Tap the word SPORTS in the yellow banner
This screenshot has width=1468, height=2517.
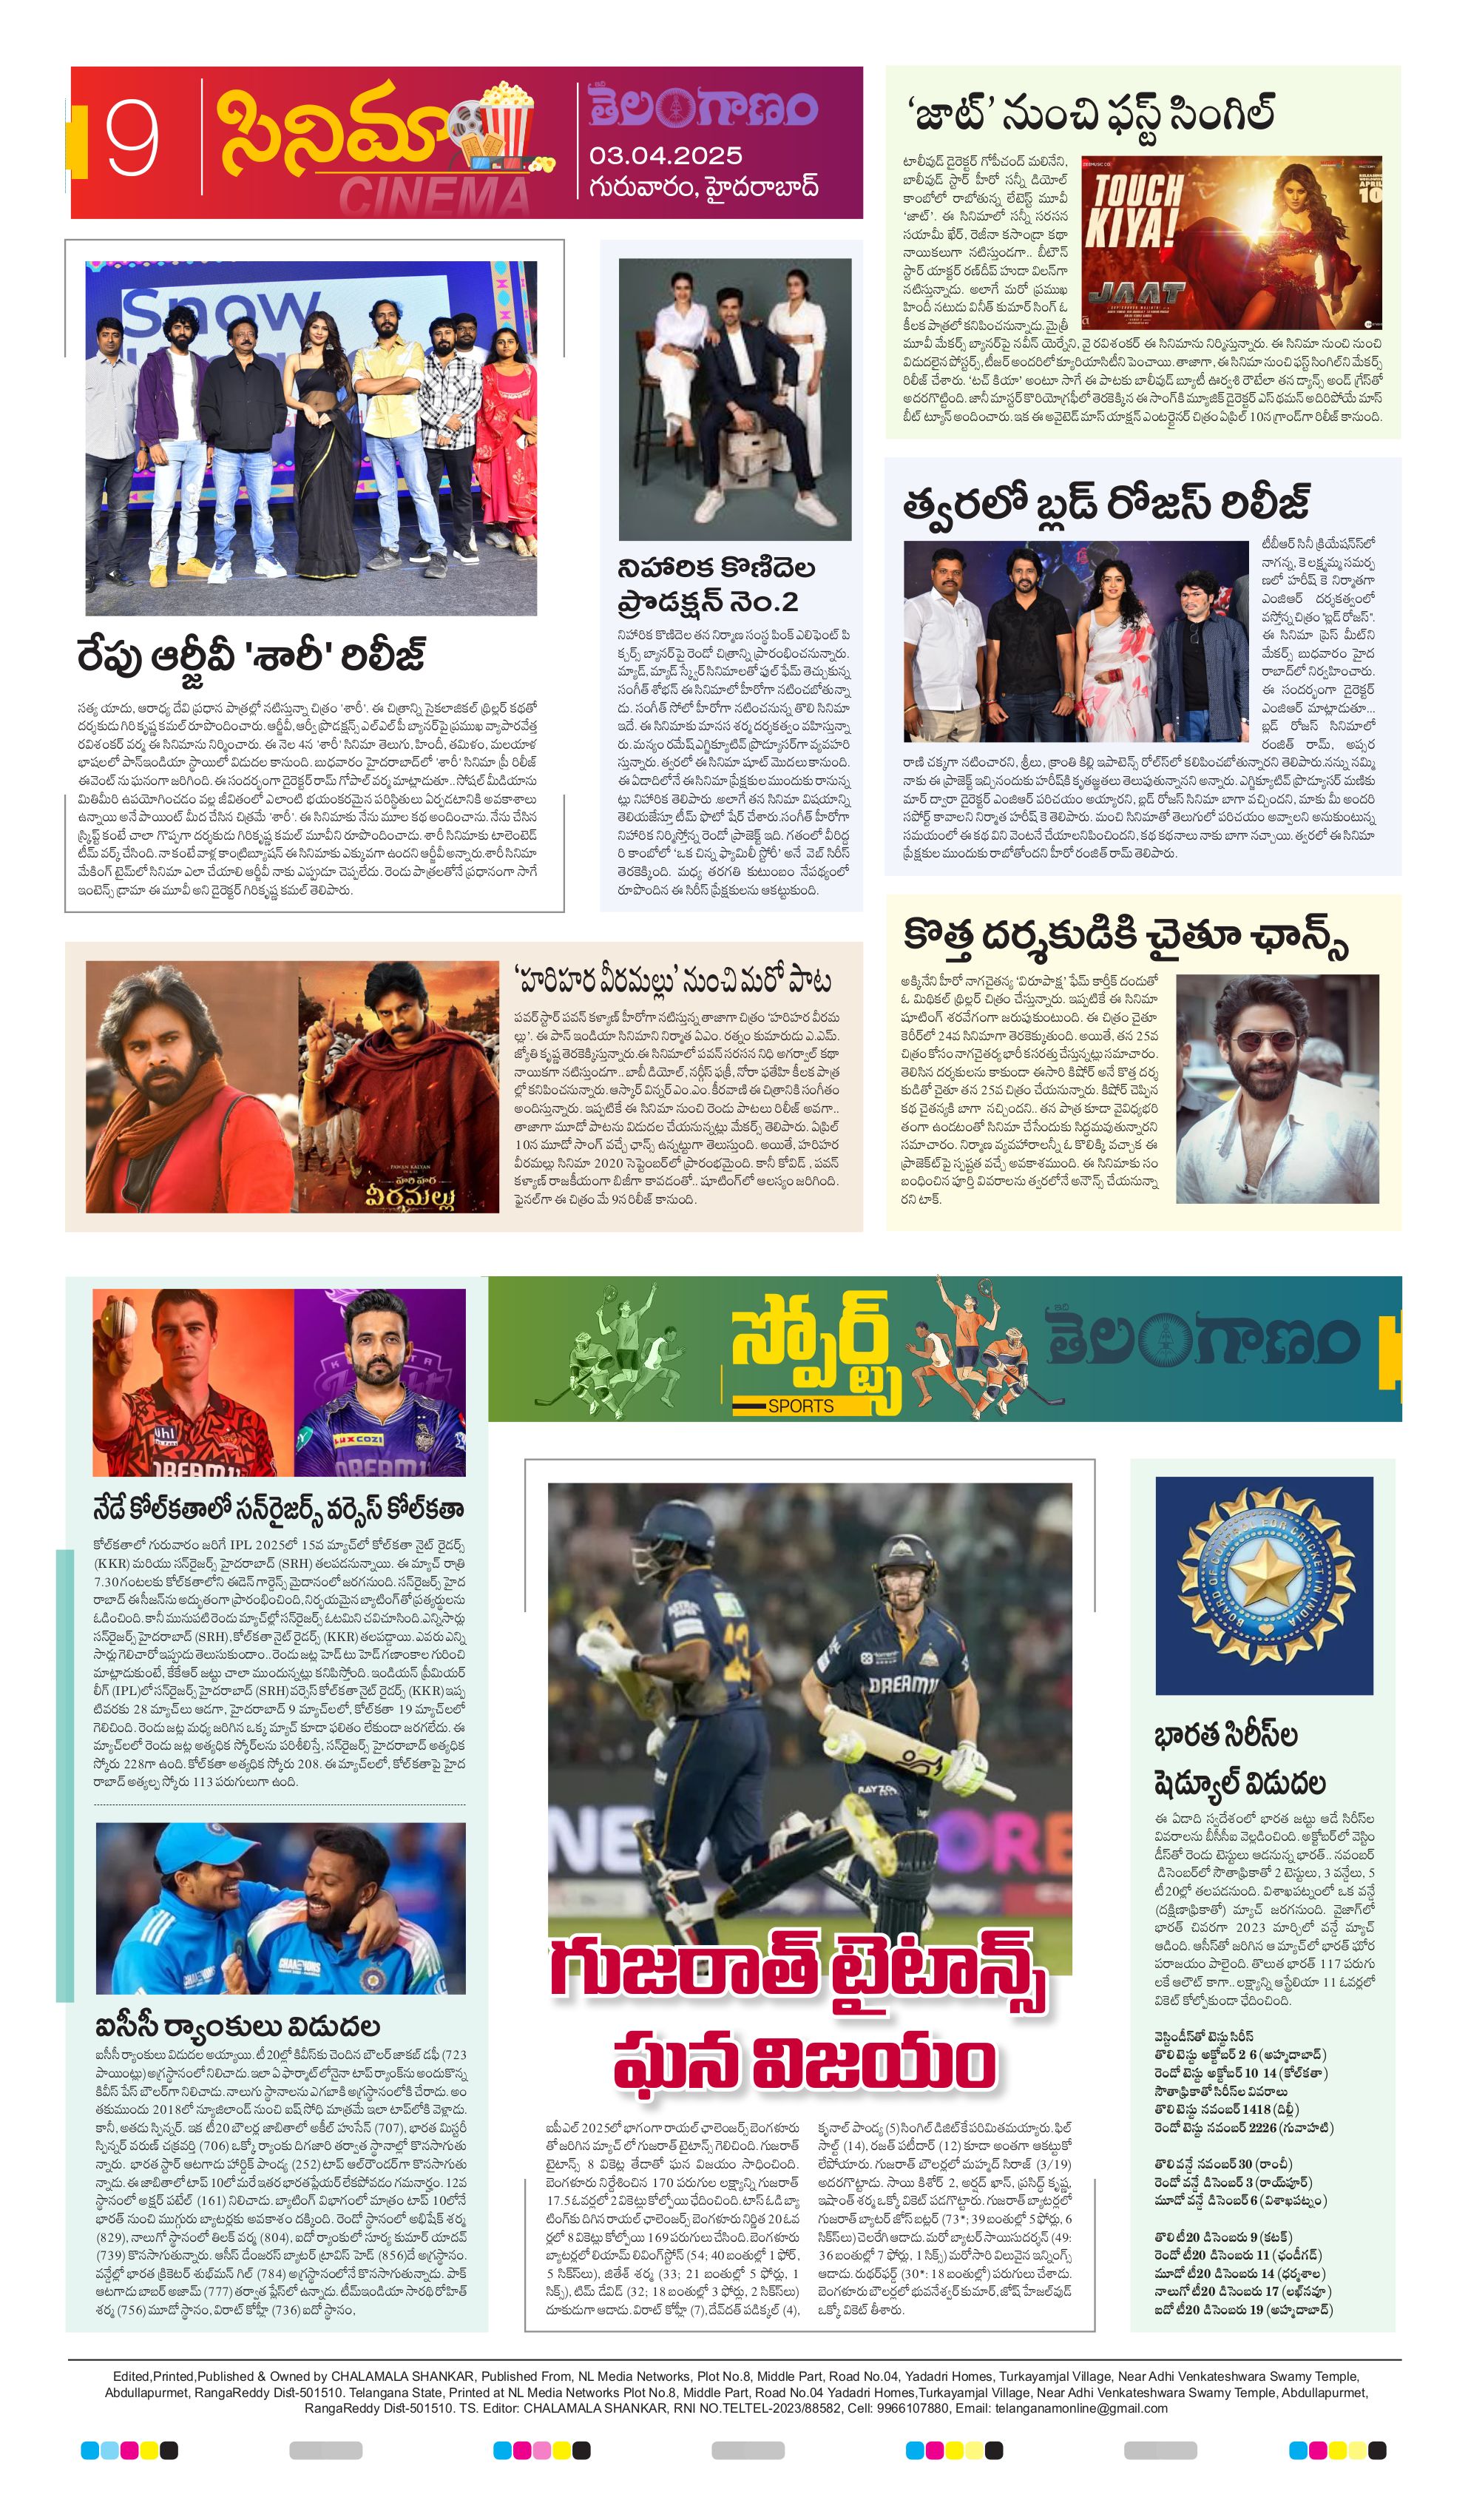(800, 1405)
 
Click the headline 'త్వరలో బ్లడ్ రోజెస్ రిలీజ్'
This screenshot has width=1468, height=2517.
(1106, 502)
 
